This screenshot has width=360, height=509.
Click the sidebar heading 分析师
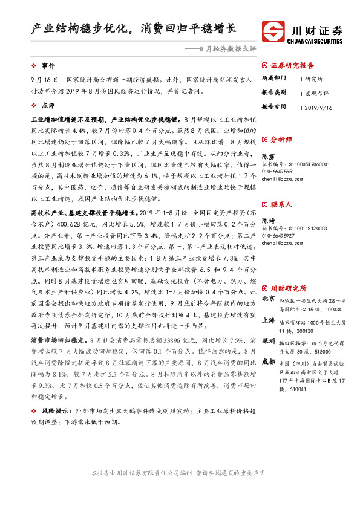tap(281, 140)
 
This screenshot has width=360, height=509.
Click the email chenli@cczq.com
tap(286, 179)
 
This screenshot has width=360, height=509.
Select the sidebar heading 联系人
tap(281, 205)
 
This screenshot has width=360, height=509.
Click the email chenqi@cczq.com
tap(286, 244)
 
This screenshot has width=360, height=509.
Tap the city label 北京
tap(268, 299)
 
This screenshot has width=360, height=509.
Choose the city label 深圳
tap(268, 342)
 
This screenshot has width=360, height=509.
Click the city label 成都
tap(268, 363)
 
